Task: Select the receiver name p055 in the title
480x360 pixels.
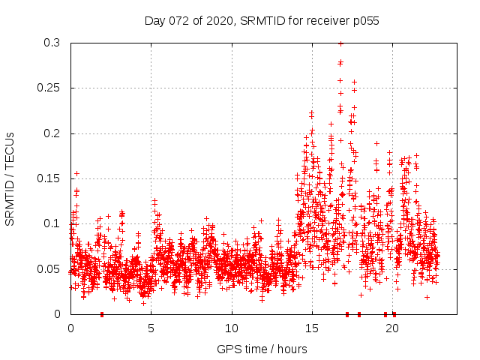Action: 364,21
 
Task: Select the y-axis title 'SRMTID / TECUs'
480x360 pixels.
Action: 10,178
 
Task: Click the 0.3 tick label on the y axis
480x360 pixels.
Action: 52,43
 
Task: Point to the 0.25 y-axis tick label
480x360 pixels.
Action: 49,88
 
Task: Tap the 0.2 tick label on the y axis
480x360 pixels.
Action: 52,133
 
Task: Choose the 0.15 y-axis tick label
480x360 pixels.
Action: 49,178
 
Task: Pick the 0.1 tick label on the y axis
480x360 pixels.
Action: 52,223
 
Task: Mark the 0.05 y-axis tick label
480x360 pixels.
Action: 49,268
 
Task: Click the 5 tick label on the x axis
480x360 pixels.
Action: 151,328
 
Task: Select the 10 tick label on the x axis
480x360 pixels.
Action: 231,328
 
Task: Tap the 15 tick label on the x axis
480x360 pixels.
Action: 311,328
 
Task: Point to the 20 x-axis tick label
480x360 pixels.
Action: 391,328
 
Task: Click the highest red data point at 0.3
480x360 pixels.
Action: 340,43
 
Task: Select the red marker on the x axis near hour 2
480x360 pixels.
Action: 102,314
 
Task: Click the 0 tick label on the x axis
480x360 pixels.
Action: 70,328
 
